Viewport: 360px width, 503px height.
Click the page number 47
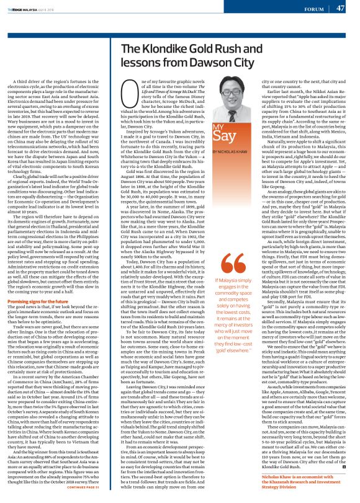click(x=340, y=8)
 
